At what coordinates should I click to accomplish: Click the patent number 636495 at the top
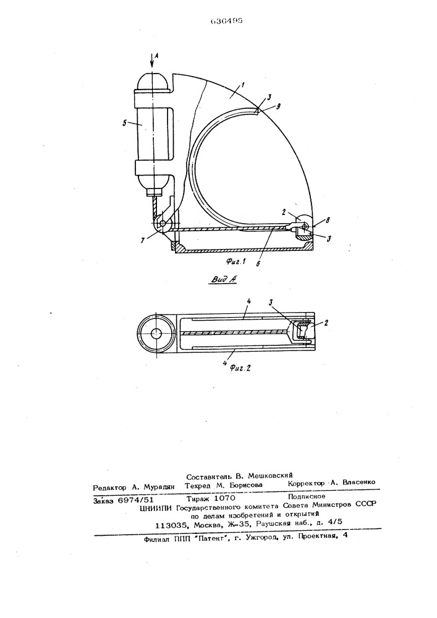[226, 21]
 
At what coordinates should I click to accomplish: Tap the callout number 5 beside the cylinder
[125, 123]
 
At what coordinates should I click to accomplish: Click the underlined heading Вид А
[223, 279]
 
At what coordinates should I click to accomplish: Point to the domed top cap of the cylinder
[153, 82]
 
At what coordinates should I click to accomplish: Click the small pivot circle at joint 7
[161, 224]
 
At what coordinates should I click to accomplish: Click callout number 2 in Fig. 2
[325, 322]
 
